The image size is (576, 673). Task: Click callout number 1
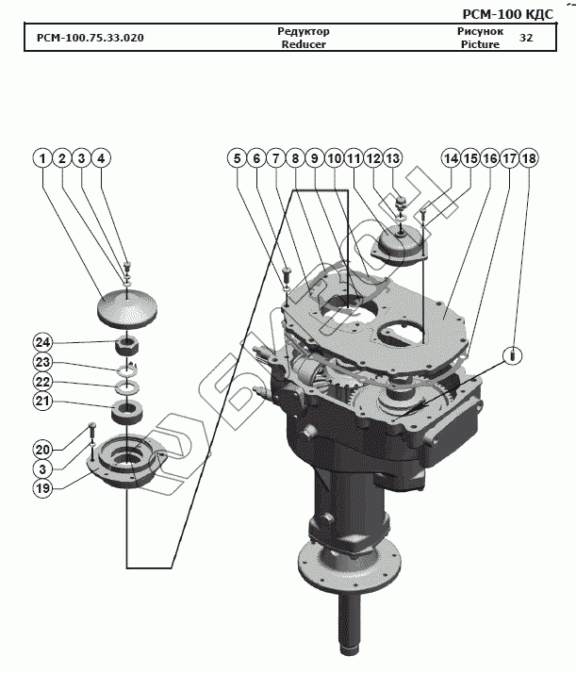[42, 158]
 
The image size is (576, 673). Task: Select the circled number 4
[102, 158]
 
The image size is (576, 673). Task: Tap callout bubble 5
[235, 158]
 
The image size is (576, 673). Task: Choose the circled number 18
[528, 158]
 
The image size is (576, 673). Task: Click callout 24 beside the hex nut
[43, 341]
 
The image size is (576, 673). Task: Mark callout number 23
[43, 362]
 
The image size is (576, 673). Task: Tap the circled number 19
[43, 487]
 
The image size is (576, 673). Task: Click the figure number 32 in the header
[526, 38]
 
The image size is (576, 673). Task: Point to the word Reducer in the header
[304, 43]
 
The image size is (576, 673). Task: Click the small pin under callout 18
[511, 355]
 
